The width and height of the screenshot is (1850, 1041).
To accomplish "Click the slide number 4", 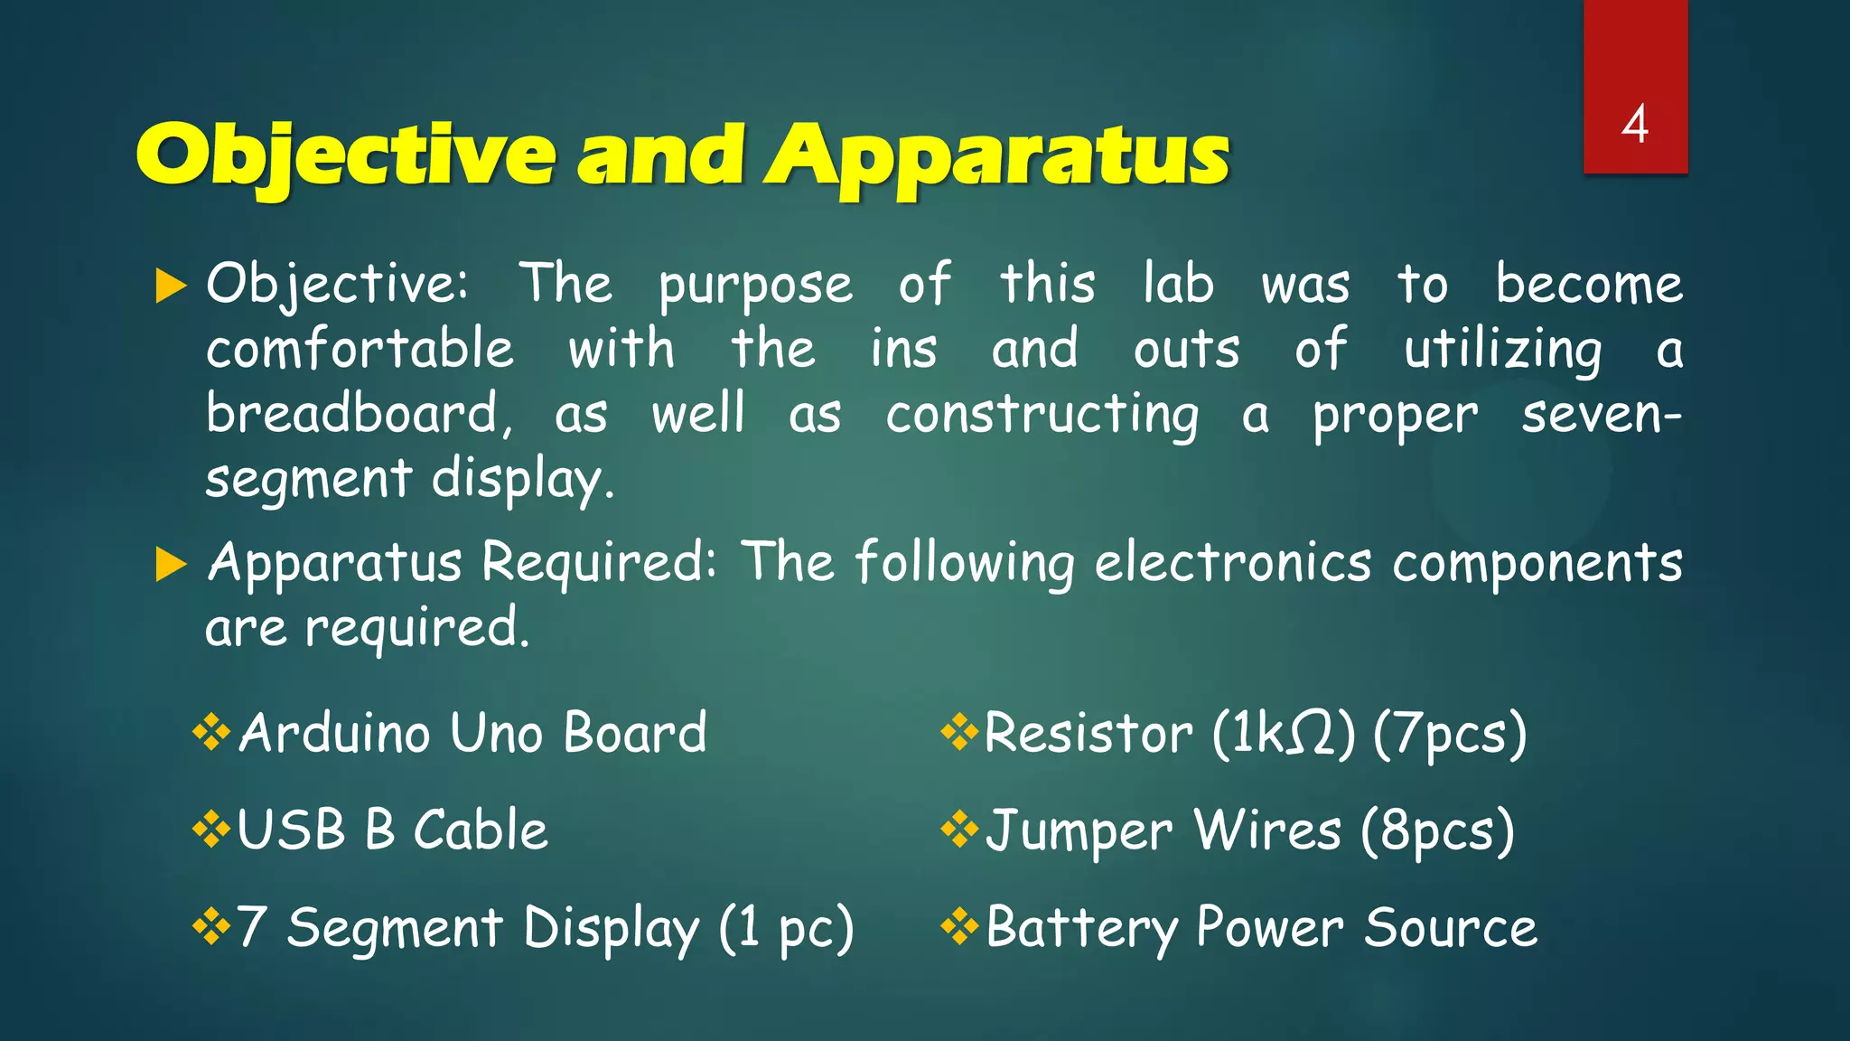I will pyautogui.click(x=1634, y=125).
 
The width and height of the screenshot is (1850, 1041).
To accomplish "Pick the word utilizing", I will pyautogui.click(x=1502, y=351).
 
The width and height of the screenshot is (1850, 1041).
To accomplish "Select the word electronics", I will pyautogui.click(x=1233, y=564).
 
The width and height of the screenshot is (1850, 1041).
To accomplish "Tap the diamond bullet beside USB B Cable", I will pyautogui.click(x=211, y=829).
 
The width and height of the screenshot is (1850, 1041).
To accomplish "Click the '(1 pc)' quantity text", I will pyautogui.click(x=786, y=928).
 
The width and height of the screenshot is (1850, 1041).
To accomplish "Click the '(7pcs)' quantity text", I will pyautogui.click(x=1450, y=734).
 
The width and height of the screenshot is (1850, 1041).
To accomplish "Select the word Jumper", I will pyautogui.click(x=1079, y=831).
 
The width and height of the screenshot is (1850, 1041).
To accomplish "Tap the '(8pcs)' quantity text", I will pyautogui.click(x=1437, y=831).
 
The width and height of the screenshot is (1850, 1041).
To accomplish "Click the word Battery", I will pyautogui.click(x=1081, y=929).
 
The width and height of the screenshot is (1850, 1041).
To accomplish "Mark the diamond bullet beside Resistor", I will pyautogui.click(x=959, y=731).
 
